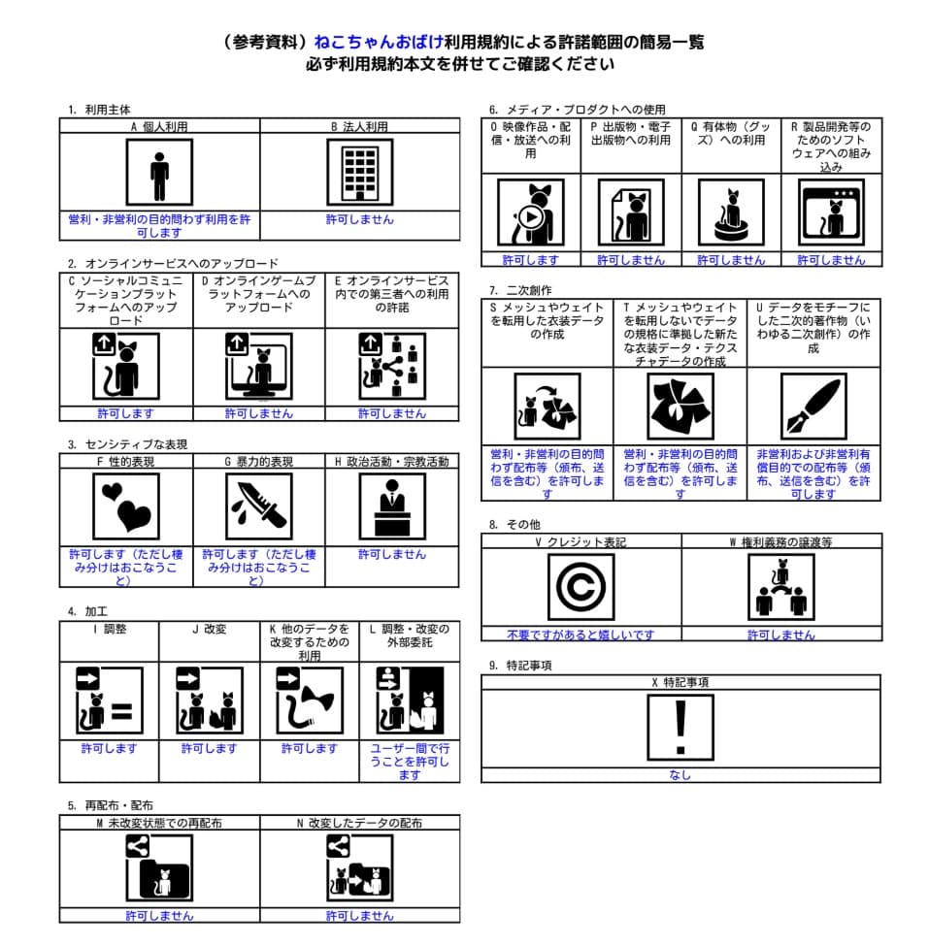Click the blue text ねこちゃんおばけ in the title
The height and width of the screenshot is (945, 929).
pos(379,42)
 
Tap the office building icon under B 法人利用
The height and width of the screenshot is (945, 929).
pos(359,172)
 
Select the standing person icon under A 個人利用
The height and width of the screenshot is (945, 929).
pos(159,172)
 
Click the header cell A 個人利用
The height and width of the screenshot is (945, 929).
pos(159,126)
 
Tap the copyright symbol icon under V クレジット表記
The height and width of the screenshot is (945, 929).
pos(581,588)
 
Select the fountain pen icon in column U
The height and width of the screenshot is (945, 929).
pos(813,406)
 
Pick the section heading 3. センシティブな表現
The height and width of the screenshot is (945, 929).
pos(127,444)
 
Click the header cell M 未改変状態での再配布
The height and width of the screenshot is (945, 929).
pos(159,823)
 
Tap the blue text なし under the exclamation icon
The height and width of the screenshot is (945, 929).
pos(680,775)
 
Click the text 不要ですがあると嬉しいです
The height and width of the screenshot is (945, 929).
pos(581,635)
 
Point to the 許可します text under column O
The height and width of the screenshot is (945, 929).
pos(530,260)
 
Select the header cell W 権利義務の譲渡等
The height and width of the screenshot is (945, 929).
pos(780,542)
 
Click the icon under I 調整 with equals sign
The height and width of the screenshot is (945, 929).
pos(109,701)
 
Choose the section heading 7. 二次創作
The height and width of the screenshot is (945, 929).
pos(520,289)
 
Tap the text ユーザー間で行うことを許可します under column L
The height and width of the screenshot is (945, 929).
pos(410,761)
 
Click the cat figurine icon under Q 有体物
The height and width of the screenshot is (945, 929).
pos(730,212)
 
